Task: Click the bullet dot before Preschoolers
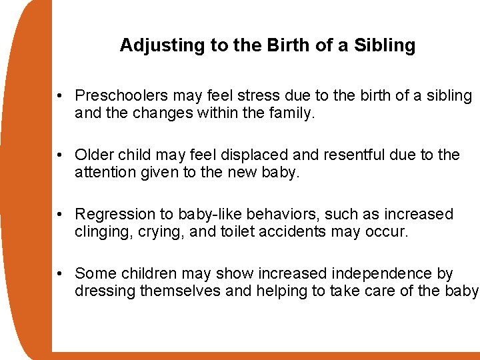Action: [x=61, y=97]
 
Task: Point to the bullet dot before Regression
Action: [x=61, y=215]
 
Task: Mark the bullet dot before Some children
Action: [x=61, y=274]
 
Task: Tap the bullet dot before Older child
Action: [x=61, y=156]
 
